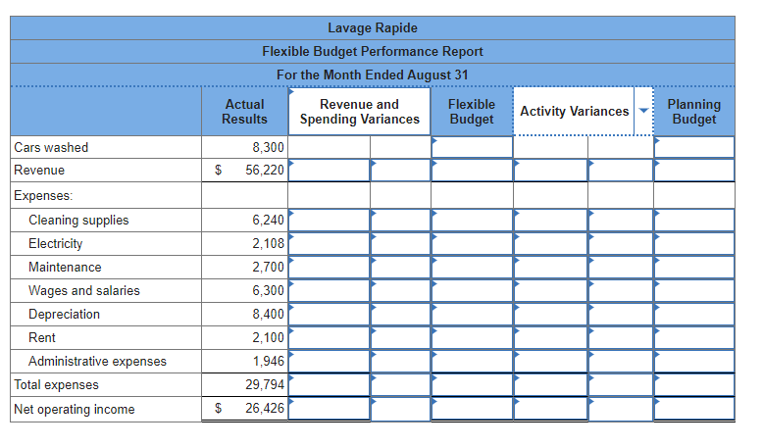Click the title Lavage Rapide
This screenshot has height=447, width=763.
click(x=372, y=27)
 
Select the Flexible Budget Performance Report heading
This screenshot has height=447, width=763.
click(x=372, y=51)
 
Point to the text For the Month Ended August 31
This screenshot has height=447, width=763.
click(x=372, y=74)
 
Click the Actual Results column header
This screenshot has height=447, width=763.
click(x=244, y=112)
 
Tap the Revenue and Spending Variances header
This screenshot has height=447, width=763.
click(x=359, y=112)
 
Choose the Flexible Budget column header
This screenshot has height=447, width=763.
click(x=471, y=112)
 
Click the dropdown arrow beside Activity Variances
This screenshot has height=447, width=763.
click(x=643, y=111)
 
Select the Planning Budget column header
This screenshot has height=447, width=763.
click(x=693, y=112)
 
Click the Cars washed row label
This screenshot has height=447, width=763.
click(x=51, y=148)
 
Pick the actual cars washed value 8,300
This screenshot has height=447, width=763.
click(x=268, y=148)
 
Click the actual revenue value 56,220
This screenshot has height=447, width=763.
click(x=264, y=171)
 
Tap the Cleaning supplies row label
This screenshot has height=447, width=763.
click(x=78, y=221)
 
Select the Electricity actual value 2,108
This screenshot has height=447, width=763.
click(x=268, y=244)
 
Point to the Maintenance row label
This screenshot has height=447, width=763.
click(x=65, y=268)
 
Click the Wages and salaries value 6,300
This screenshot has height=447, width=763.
click(x=268, y=291)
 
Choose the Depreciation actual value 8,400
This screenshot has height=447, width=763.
click(x=268, y=315)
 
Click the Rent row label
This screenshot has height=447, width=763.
click(x=42, y=338)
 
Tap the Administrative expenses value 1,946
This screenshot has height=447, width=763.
click(x=268, y=362)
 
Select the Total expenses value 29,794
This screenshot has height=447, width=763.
click(x=265, y=385)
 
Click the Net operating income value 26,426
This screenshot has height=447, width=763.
click(x=265, y=409)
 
